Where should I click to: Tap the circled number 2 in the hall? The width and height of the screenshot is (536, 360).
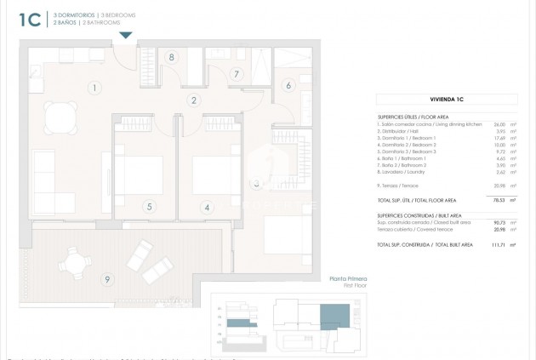point(194,100)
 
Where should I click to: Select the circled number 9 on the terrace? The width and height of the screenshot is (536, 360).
point(107,279)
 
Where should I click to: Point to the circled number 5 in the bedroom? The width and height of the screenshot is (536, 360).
point(149,206)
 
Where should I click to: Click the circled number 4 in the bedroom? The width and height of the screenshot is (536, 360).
point(206,206)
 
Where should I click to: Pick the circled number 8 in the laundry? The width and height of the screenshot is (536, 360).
point(172,58)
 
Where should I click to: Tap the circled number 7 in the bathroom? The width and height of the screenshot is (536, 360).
point(237,74)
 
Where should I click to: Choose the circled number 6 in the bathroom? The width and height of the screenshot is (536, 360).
point(288,85)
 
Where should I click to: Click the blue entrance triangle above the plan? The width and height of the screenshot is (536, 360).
point(126,35)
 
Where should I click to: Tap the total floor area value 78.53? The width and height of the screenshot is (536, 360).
point(489,201)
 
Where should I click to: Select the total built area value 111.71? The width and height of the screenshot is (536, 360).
point(488,244)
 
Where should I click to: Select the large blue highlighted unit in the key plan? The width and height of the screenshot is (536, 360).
point(333,320)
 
